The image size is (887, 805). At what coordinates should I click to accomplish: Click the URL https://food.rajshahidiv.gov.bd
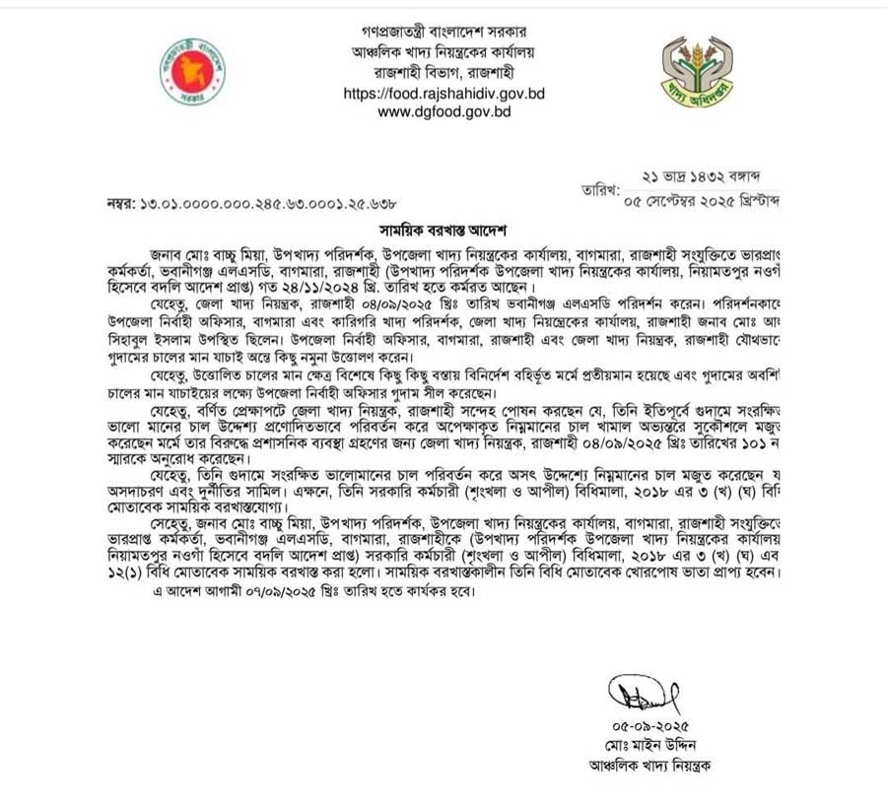444,94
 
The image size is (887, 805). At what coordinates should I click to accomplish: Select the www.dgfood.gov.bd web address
444,112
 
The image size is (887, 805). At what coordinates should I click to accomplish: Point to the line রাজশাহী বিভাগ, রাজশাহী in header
444,73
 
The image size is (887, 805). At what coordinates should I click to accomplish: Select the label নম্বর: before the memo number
125,204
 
